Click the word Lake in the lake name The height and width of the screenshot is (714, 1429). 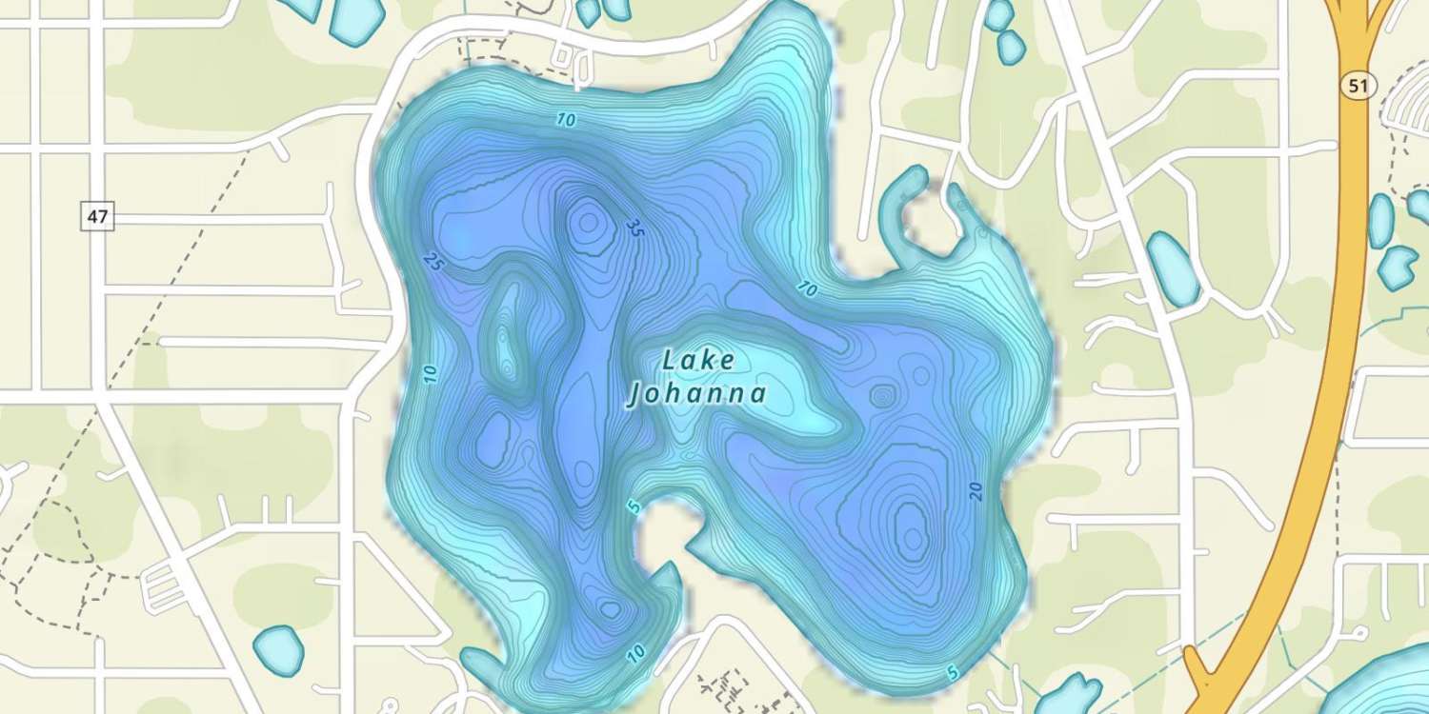pos(698,360)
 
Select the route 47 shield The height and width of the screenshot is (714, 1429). pos(97,216)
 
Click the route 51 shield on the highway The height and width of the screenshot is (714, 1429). pos(1358,87)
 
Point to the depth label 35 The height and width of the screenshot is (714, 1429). pos(634,228)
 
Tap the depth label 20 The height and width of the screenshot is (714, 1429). pos(975,490)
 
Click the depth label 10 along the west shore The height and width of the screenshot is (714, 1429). pos(431,374)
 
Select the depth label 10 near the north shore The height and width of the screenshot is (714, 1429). pos(567,120)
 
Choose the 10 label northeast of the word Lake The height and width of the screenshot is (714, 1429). pos(807,289)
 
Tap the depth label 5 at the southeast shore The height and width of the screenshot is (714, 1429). pos(952,673)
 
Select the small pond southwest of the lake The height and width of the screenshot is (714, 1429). pos(278,649)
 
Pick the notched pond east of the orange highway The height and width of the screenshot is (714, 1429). pos(1398,267)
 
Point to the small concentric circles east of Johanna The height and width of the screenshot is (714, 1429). pos(882,395)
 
